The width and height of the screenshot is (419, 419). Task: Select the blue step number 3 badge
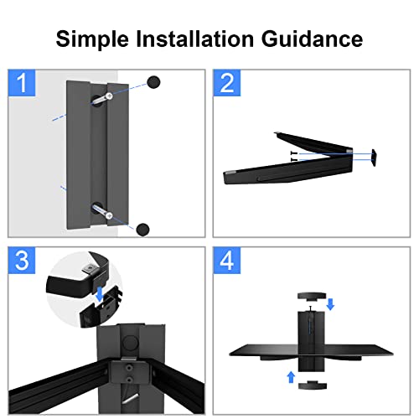pos(23,261)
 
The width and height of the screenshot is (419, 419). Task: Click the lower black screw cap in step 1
pos(143,228)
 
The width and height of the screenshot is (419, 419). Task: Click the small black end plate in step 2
pos(375,156)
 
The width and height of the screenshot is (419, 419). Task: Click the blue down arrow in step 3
pos(100,294)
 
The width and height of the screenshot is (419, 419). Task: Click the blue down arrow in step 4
pos(329,304)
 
